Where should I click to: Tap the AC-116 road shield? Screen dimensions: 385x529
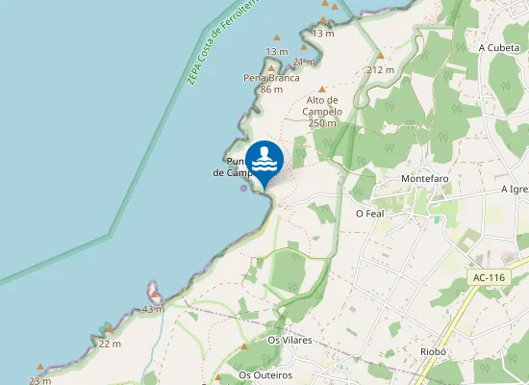[x=489, y=278]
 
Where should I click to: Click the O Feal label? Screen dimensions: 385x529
[x=369, y=214]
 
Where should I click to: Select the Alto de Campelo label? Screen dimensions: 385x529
[x=322, y=105]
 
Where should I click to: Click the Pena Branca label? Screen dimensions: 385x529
[x=264, y=77]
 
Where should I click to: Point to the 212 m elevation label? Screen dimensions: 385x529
[x=381, y=70]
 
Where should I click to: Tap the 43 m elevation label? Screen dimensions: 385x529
[x=152, y=309]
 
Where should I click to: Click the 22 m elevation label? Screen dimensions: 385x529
[x=110, y=344]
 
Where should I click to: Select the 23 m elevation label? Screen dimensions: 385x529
[x=39, y=381]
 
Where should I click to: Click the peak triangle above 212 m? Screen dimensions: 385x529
[x=380, y=57]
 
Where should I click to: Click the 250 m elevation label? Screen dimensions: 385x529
[x=322, y=123]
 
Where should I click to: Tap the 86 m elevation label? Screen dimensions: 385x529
[x=270, y=90]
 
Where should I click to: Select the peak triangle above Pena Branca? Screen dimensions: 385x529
[x=271, y=65]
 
